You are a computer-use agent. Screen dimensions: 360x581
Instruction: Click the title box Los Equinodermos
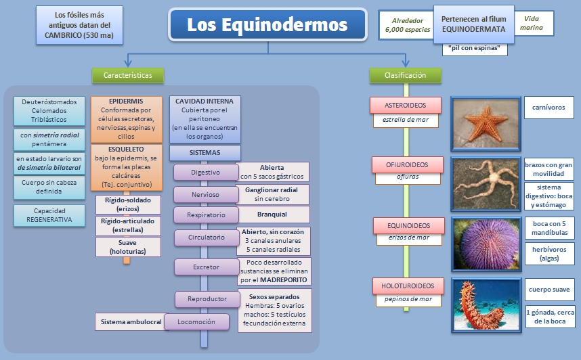(267, 26)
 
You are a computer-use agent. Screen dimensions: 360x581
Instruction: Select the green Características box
(127, 75)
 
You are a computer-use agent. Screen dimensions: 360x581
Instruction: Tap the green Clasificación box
(405, 75)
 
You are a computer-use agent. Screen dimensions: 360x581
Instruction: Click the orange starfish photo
(483, 123)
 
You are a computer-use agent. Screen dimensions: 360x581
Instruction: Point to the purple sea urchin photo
(483, 240)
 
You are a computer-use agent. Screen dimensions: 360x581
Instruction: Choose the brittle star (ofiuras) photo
(483, 181)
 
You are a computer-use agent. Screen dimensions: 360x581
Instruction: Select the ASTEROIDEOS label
(406, 105)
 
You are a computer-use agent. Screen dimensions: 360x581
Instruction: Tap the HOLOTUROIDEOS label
(405, 286)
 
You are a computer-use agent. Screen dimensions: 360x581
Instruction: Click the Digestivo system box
(205, 173)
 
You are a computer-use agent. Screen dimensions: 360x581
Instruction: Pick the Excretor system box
(206, 267)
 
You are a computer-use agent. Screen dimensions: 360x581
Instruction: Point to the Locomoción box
(202, 322)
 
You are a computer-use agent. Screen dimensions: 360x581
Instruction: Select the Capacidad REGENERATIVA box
(49, 215)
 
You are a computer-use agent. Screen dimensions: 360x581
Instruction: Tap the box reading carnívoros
(549, 107)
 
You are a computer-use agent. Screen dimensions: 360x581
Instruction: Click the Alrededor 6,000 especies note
(403, 25)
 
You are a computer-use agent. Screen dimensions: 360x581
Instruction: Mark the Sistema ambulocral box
(129, 322)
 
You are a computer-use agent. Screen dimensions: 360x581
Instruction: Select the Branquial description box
(272, 215)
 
